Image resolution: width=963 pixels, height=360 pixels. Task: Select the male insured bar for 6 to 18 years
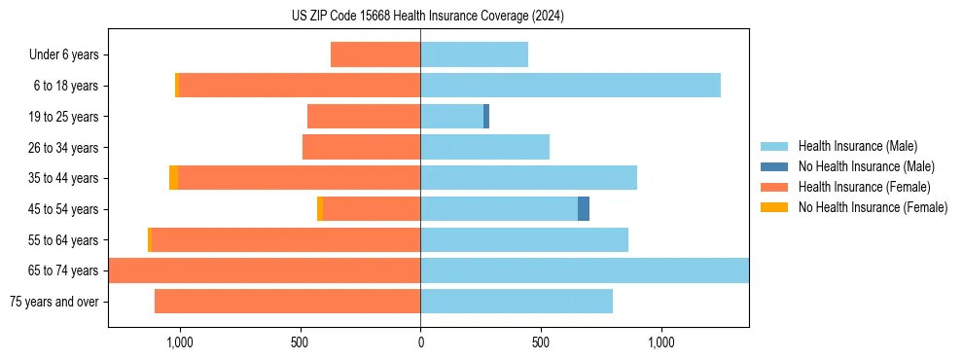(570, 86)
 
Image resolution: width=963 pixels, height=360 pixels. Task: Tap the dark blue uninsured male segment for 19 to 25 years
(486, 117)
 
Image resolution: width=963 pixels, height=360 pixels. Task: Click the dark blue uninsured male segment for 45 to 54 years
(584, 209)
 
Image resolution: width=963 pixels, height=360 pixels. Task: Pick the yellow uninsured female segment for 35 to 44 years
(173, 178)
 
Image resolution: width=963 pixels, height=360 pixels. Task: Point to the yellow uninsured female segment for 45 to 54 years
(320, 209)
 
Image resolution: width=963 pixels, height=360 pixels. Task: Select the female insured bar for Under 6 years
(375, 54)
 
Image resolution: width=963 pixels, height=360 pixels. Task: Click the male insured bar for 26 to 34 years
(484, 147)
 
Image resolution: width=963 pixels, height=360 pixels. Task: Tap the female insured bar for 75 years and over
(287, 302)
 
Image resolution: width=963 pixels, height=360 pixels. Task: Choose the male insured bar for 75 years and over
(517, 302)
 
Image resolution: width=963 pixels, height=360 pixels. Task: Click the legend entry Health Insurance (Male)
(857, 146)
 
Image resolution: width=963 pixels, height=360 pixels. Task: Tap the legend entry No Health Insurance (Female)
(873, 207)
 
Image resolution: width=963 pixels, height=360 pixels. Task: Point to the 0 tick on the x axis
(420, 342)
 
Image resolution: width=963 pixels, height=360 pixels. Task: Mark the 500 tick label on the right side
(541, 342)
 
